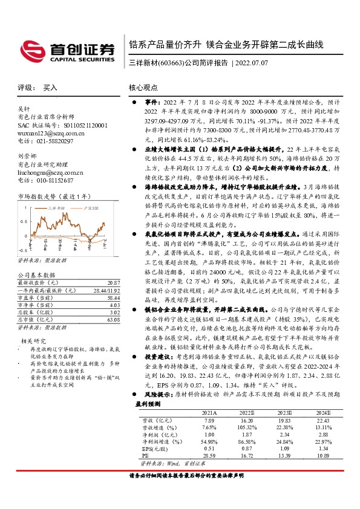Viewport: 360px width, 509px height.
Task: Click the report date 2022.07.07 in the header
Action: tap(257, 62)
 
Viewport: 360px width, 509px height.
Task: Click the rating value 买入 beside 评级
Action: tap(50, 88)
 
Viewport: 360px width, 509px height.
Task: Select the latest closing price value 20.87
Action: tap(112, 283)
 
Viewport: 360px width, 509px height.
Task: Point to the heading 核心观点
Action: tap(143, 88)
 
